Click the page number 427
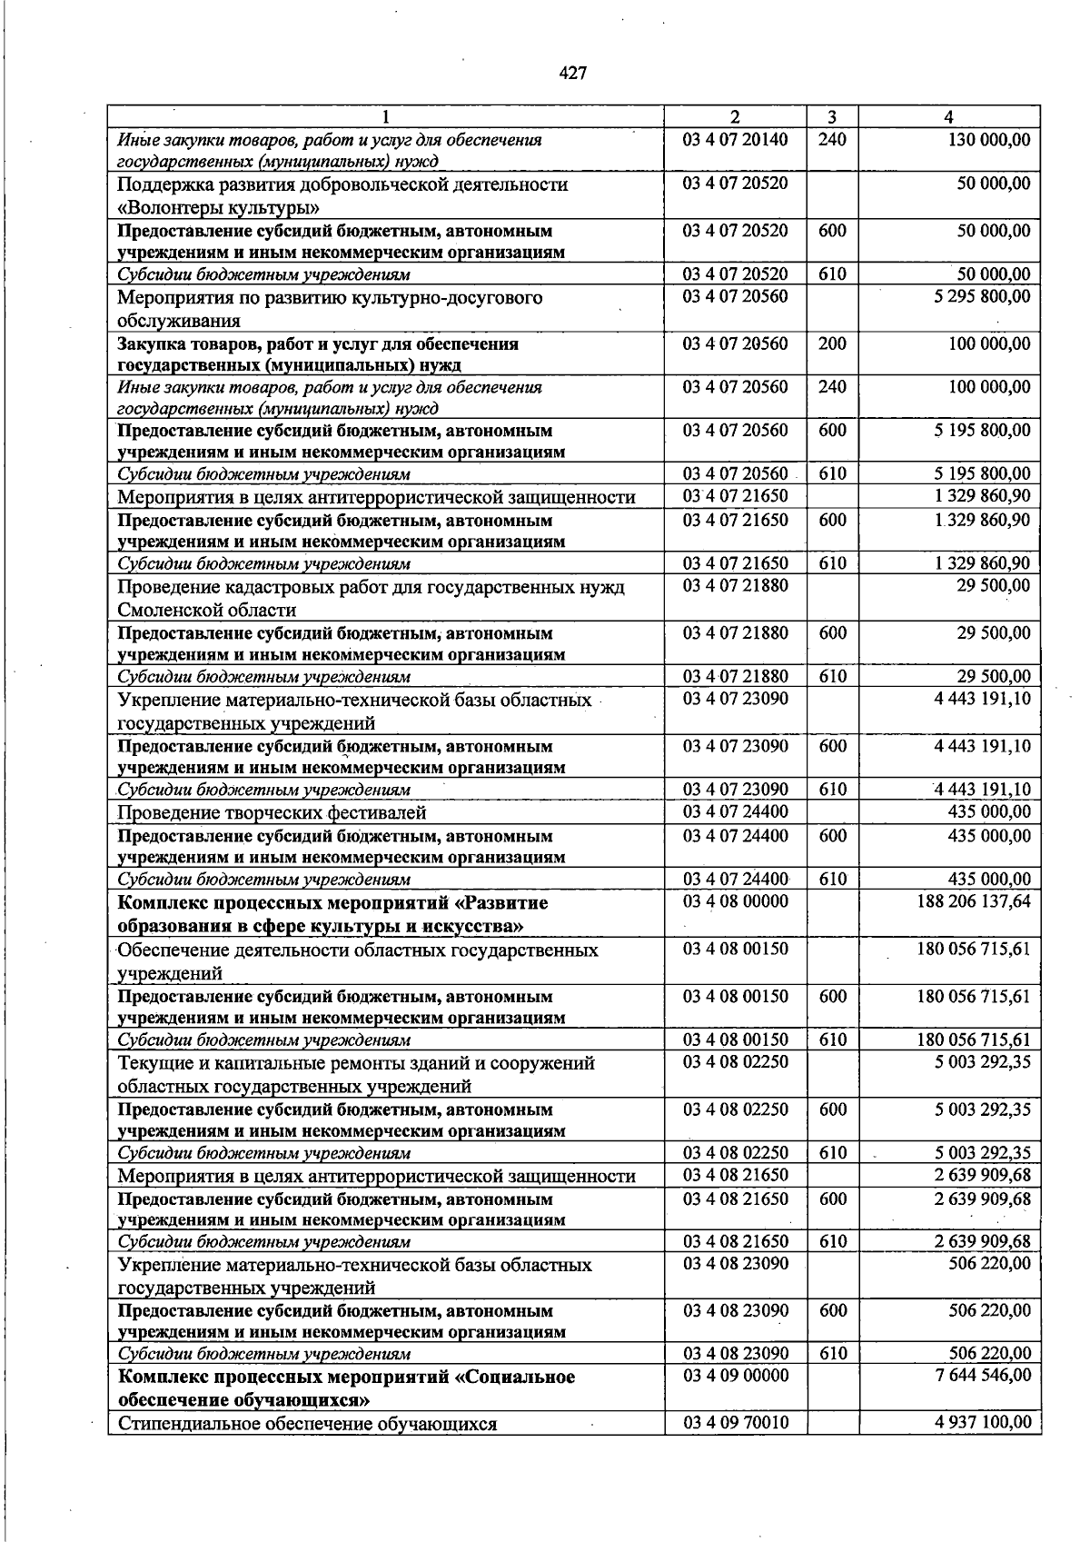[572, 74]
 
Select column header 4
[948, 116]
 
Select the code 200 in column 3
[832, 343]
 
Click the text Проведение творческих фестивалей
[272, 812]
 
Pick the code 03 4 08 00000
[736, 901]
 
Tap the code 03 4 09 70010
[736, 1422]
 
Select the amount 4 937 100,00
[981, 1422]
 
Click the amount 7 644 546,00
[981, 1376]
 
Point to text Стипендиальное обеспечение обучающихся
[307, 1424]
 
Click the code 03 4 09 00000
[736, 1376]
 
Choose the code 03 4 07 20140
[736, 140]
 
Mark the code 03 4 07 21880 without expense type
[736, 586]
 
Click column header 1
[386, 116]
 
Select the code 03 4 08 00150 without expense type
[736, 950]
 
